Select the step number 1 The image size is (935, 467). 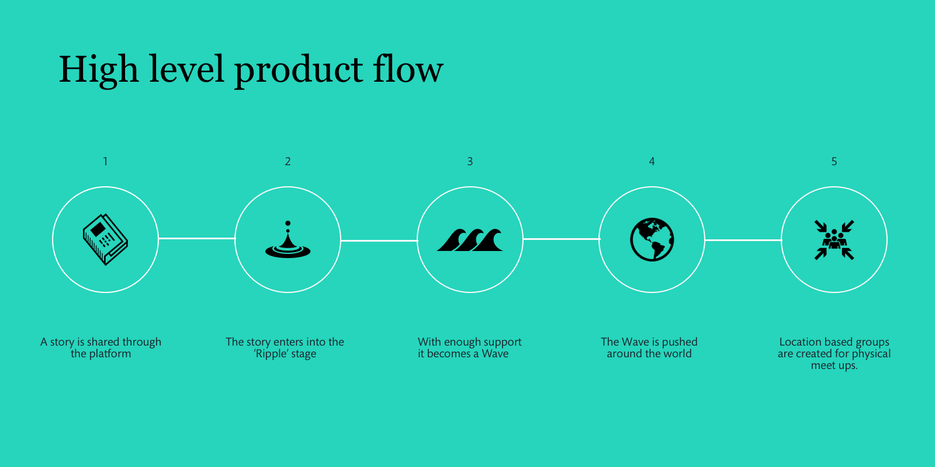tap(105, 161)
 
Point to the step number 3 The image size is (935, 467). tap(470, 161)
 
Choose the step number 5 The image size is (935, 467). tap(834, 161)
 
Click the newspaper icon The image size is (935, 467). tap(105, 239)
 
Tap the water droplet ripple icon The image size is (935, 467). tap(288, 239)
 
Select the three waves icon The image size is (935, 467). tap(470, 240)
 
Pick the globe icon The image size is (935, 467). tap(652, 239)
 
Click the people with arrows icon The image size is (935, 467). tap(834, 240)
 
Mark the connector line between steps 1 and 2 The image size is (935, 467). tap(196, 239)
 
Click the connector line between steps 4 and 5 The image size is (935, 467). tap(743, 240)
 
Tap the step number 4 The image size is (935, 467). tap(652, 161)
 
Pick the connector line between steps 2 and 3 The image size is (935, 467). tap(379, 241)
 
